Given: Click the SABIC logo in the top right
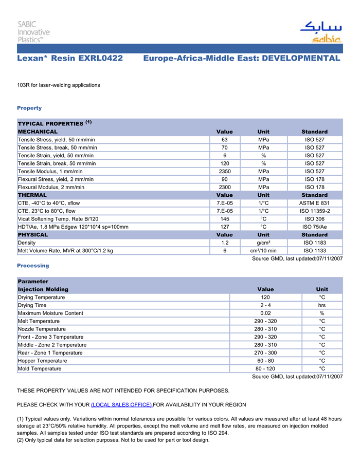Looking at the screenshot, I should [x=320, y=32].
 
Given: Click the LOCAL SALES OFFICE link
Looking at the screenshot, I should [x=121, y=405].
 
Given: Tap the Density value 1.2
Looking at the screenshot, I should [x=224, y=243].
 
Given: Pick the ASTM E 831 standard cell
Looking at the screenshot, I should [x=314, y=203].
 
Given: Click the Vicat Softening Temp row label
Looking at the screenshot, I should [x=58, y=219].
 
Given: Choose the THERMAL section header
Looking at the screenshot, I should [x=32, y=195].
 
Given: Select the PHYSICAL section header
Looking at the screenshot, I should [x=33, y=235].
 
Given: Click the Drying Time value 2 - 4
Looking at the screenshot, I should [x=265, y=305].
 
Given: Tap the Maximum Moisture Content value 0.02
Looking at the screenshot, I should [x=265, y=313].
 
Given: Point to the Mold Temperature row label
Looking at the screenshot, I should [x=40, y=369].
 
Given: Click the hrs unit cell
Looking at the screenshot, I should [x=322, y=305].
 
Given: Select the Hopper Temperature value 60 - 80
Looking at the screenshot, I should [x=265, y=361].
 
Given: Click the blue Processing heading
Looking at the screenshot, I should [x=33, y=266].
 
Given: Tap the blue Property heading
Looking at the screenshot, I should [x=29, y=108].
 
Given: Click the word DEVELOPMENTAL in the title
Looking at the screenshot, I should [x=301, y=59].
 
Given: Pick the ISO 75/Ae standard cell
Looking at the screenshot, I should [x=314, y=227].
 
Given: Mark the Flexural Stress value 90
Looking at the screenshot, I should [x=224, y=179].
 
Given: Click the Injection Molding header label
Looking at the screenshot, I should [x=43, y=289].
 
